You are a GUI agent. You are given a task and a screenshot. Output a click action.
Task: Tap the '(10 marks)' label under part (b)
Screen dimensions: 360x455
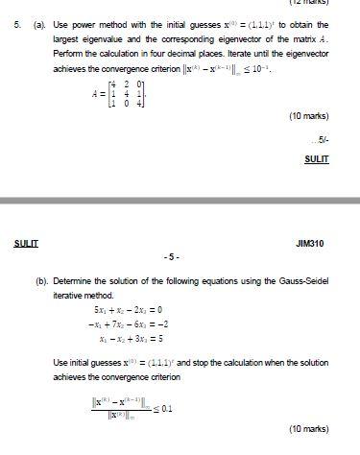coord(309,428)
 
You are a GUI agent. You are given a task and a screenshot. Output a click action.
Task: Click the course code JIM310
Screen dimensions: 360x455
coord(311,244)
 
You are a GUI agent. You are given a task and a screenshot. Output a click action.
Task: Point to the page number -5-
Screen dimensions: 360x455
coord(171,257)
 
